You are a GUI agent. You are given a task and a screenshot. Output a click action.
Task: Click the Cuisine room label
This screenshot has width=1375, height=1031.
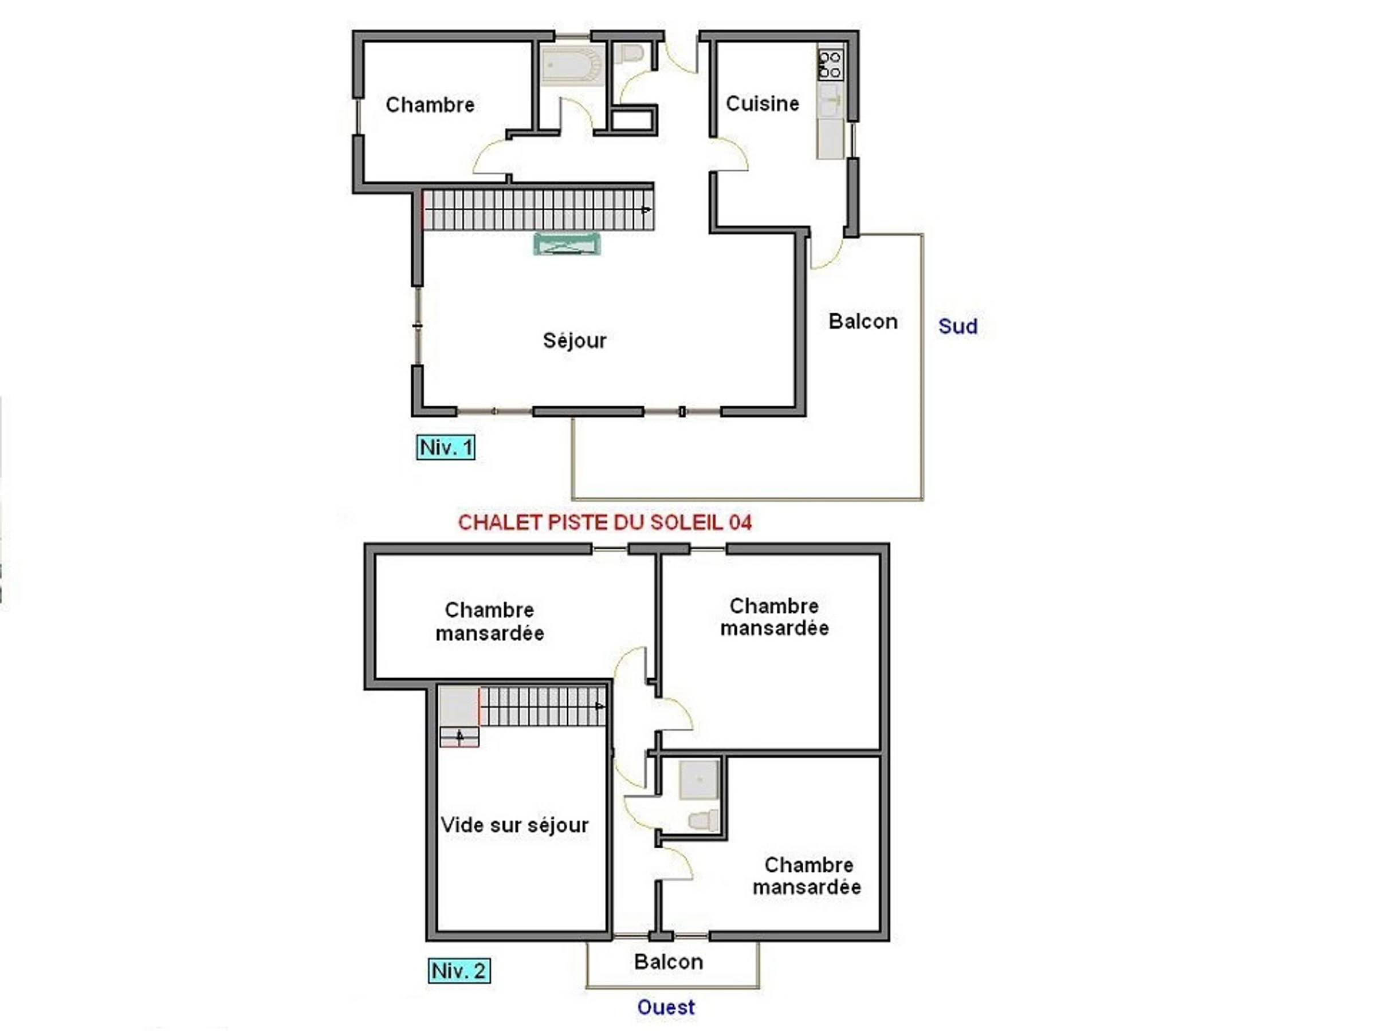(762, 103)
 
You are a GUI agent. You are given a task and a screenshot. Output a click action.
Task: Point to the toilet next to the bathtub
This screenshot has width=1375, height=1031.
(628, 54)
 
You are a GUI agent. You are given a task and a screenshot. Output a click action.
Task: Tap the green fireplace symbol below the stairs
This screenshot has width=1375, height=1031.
(567, 243)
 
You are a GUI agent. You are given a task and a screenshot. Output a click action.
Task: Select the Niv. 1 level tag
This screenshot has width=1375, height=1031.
(446, 447)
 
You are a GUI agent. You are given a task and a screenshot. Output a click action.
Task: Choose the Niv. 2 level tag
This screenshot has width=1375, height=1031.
(459, 971)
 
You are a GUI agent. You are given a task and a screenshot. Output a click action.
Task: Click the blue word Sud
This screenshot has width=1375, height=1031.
(958, 326)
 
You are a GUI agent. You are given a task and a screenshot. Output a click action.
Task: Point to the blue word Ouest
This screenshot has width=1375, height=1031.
(666, 1007)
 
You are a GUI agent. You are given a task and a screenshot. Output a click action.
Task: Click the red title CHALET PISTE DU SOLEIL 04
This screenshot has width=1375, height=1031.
(605, 522)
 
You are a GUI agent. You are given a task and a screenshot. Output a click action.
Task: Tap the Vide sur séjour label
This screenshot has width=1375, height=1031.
(514, 825)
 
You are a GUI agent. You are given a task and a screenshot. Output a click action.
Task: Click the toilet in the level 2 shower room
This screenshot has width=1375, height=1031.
(704, 820)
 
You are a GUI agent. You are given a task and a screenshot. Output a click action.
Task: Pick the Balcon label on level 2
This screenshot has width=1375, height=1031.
(669, 962)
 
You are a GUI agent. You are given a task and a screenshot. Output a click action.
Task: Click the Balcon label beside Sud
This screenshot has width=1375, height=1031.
(863, 321)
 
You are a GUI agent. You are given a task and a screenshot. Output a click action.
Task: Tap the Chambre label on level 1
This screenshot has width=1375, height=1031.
(430, 104)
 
